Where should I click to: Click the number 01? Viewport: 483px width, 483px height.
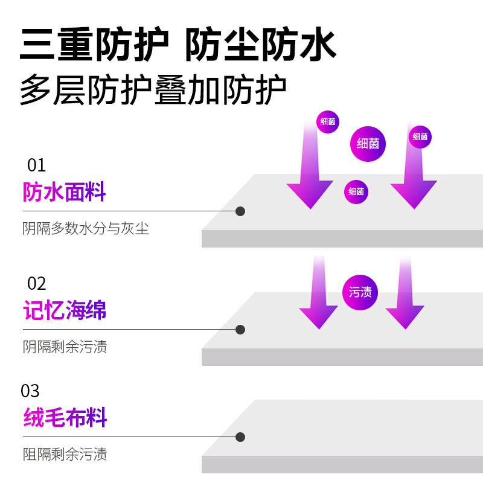click(37, 165)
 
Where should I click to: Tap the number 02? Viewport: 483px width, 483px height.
click(37, 283)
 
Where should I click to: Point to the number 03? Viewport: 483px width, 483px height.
click(30, 391)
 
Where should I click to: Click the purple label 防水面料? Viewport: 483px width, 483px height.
click(65, 192)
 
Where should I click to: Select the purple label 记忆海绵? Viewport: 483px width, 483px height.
click(65, 310)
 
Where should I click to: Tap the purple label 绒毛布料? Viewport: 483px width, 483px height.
click(65, 417)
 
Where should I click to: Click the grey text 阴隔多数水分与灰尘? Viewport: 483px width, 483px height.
click(86, 228)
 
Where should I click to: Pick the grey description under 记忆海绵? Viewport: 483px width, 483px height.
click(65, 347)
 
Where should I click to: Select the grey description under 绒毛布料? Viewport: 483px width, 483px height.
click(65, 454)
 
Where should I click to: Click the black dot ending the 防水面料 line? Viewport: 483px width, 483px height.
click(240, 211)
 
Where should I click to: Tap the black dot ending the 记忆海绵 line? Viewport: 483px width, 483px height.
click(240, 330)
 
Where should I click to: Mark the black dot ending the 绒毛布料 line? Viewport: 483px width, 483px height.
click(240, 437)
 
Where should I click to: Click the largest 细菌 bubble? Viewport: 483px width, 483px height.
click(368, 144)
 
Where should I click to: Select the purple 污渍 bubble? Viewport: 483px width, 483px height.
click(360, 292)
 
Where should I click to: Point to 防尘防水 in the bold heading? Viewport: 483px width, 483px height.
click(260, 44)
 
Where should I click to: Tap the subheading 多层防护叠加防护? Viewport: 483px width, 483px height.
click(153, 91)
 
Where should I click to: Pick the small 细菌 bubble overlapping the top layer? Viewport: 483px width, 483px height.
click(356, 191)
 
